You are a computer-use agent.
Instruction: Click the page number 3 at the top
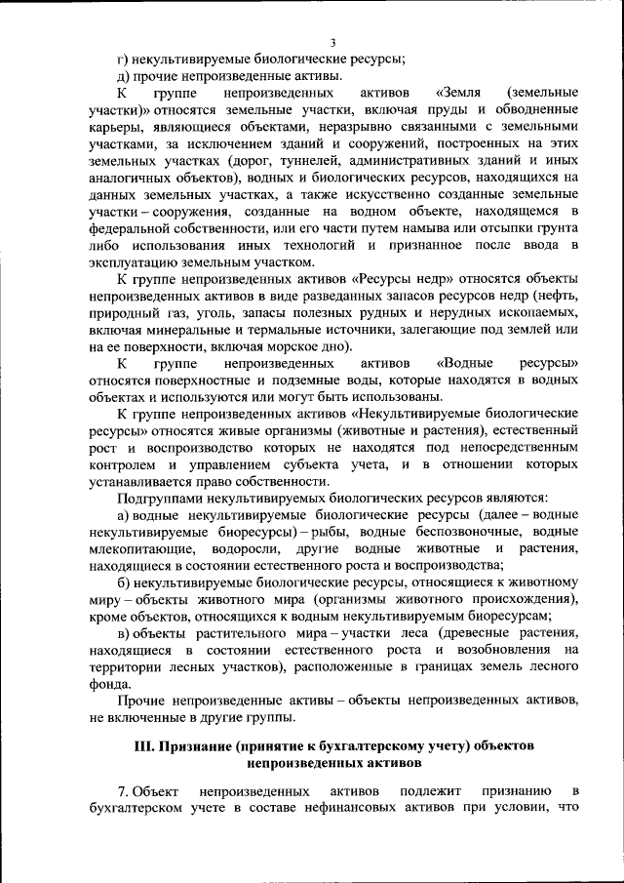[x=332, y=42]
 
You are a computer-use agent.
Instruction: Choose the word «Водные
[x=464, y=365]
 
